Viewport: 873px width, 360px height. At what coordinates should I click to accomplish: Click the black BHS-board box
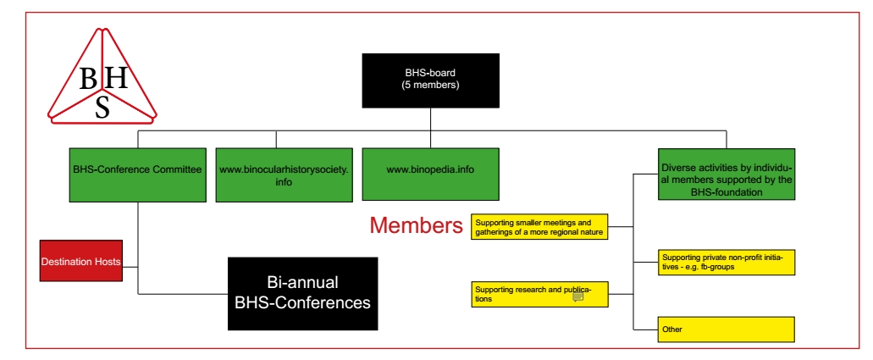(431, 79)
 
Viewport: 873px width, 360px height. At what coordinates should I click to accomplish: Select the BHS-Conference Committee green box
(137, 175)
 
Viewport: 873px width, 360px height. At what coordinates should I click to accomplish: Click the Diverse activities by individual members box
(726, 175)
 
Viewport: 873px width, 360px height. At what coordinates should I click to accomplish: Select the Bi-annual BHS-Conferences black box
(302, 293)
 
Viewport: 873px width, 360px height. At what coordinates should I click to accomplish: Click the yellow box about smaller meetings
(539, 227)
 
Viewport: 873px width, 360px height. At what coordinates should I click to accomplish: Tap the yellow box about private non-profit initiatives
(726, 262)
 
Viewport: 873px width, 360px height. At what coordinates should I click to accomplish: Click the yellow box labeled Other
(726, 329)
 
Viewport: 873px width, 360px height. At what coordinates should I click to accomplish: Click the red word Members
(416, 225)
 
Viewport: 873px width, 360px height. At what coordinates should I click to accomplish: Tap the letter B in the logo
(89, 79)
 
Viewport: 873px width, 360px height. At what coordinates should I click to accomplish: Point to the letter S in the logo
(102, 107)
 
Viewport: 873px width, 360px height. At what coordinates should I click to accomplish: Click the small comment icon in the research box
(578, 296)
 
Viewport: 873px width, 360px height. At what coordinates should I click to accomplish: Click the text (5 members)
(430, 85)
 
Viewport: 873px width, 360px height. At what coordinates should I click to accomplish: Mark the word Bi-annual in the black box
(302, 282)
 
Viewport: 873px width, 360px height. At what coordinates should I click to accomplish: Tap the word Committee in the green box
(175, 169)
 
